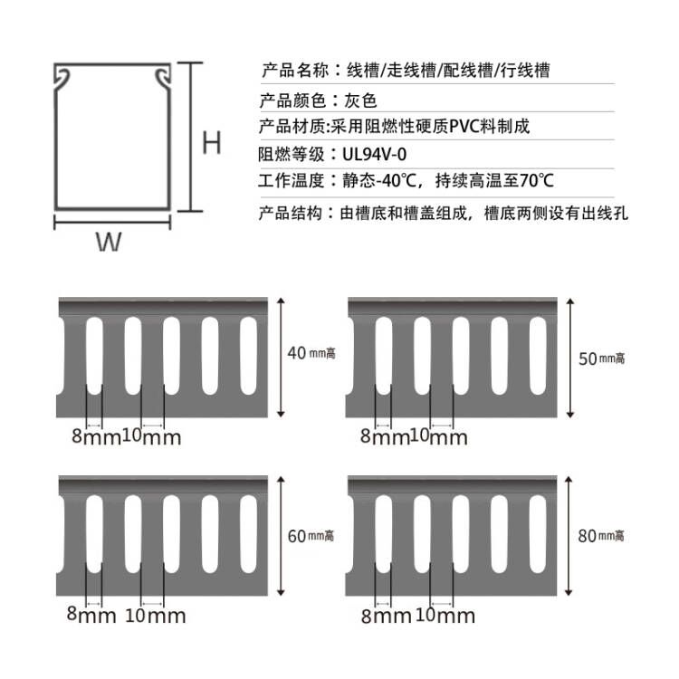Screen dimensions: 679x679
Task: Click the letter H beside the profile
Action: pyautogui.click(x=211, y=143)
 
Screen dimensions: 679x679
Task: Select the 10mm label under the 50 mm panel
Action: pyautogui.click(x=439, y=438)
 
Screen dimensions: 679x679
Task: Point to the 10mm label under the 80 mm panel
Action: pyautogui.click(x=445, y=617)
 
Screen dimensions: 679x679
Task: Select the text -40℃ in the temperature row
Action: pyautogui.click(x=397, y=181)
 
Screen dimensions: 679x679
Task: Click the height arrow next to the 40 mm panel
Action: pyautogui.click(x=283, y=357)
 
